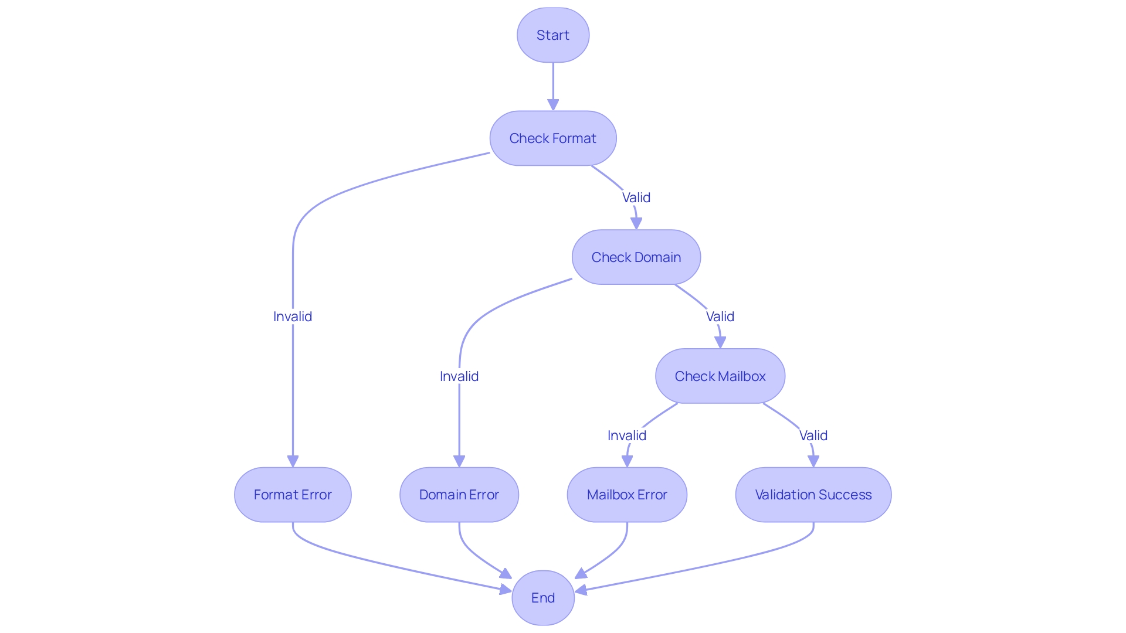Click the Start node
tap(552, 35)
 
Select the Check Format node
tap(552, 138)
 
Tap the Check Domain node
tap(636, 257)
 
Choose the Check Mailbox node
tap(720, 376)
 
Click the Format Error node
tap(293, 495)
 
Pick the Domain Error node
tap(459, 495)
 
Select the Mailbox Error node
tap(626, 495)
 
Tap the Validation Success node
tap(813, 495)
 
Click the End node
tap(542, 598)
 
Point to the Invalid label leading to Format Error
tap(293, 316)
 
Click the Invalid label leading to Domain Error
tap(459, 376)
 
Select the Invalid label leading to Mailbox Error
tap(626, 435)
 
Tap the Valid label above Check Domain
tap(636, 198)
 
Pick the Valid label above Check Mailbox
tap(720, 316)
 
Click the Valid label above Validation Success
tap(813, 435)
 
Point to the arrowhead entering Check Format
tap(552, 105)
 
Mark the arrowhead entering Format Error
tap(293, 461)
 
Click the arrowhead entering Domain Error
tap(459, 461)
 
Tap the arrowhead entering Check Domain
tap(636, 223)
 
